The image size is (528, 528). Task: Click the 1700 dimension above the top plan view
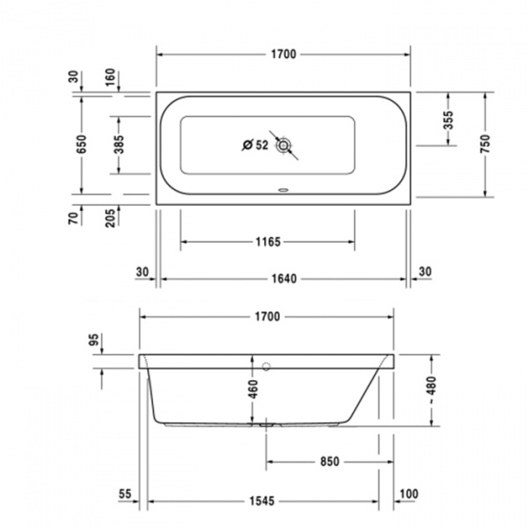tap(283, 55)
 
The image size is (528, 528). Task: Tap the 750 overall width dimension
tap(485, 144)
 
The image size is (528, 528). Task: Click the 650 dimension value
tap(81, 143)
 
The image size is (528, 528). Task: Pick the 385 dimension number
tap(119, 144)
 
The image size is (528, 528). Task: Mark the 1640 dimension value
tap(283, 279)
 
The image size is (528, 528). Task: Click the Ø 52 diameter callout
tap(254, 145)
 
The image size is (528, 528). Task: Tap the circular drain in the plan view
tap(283, 147)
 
